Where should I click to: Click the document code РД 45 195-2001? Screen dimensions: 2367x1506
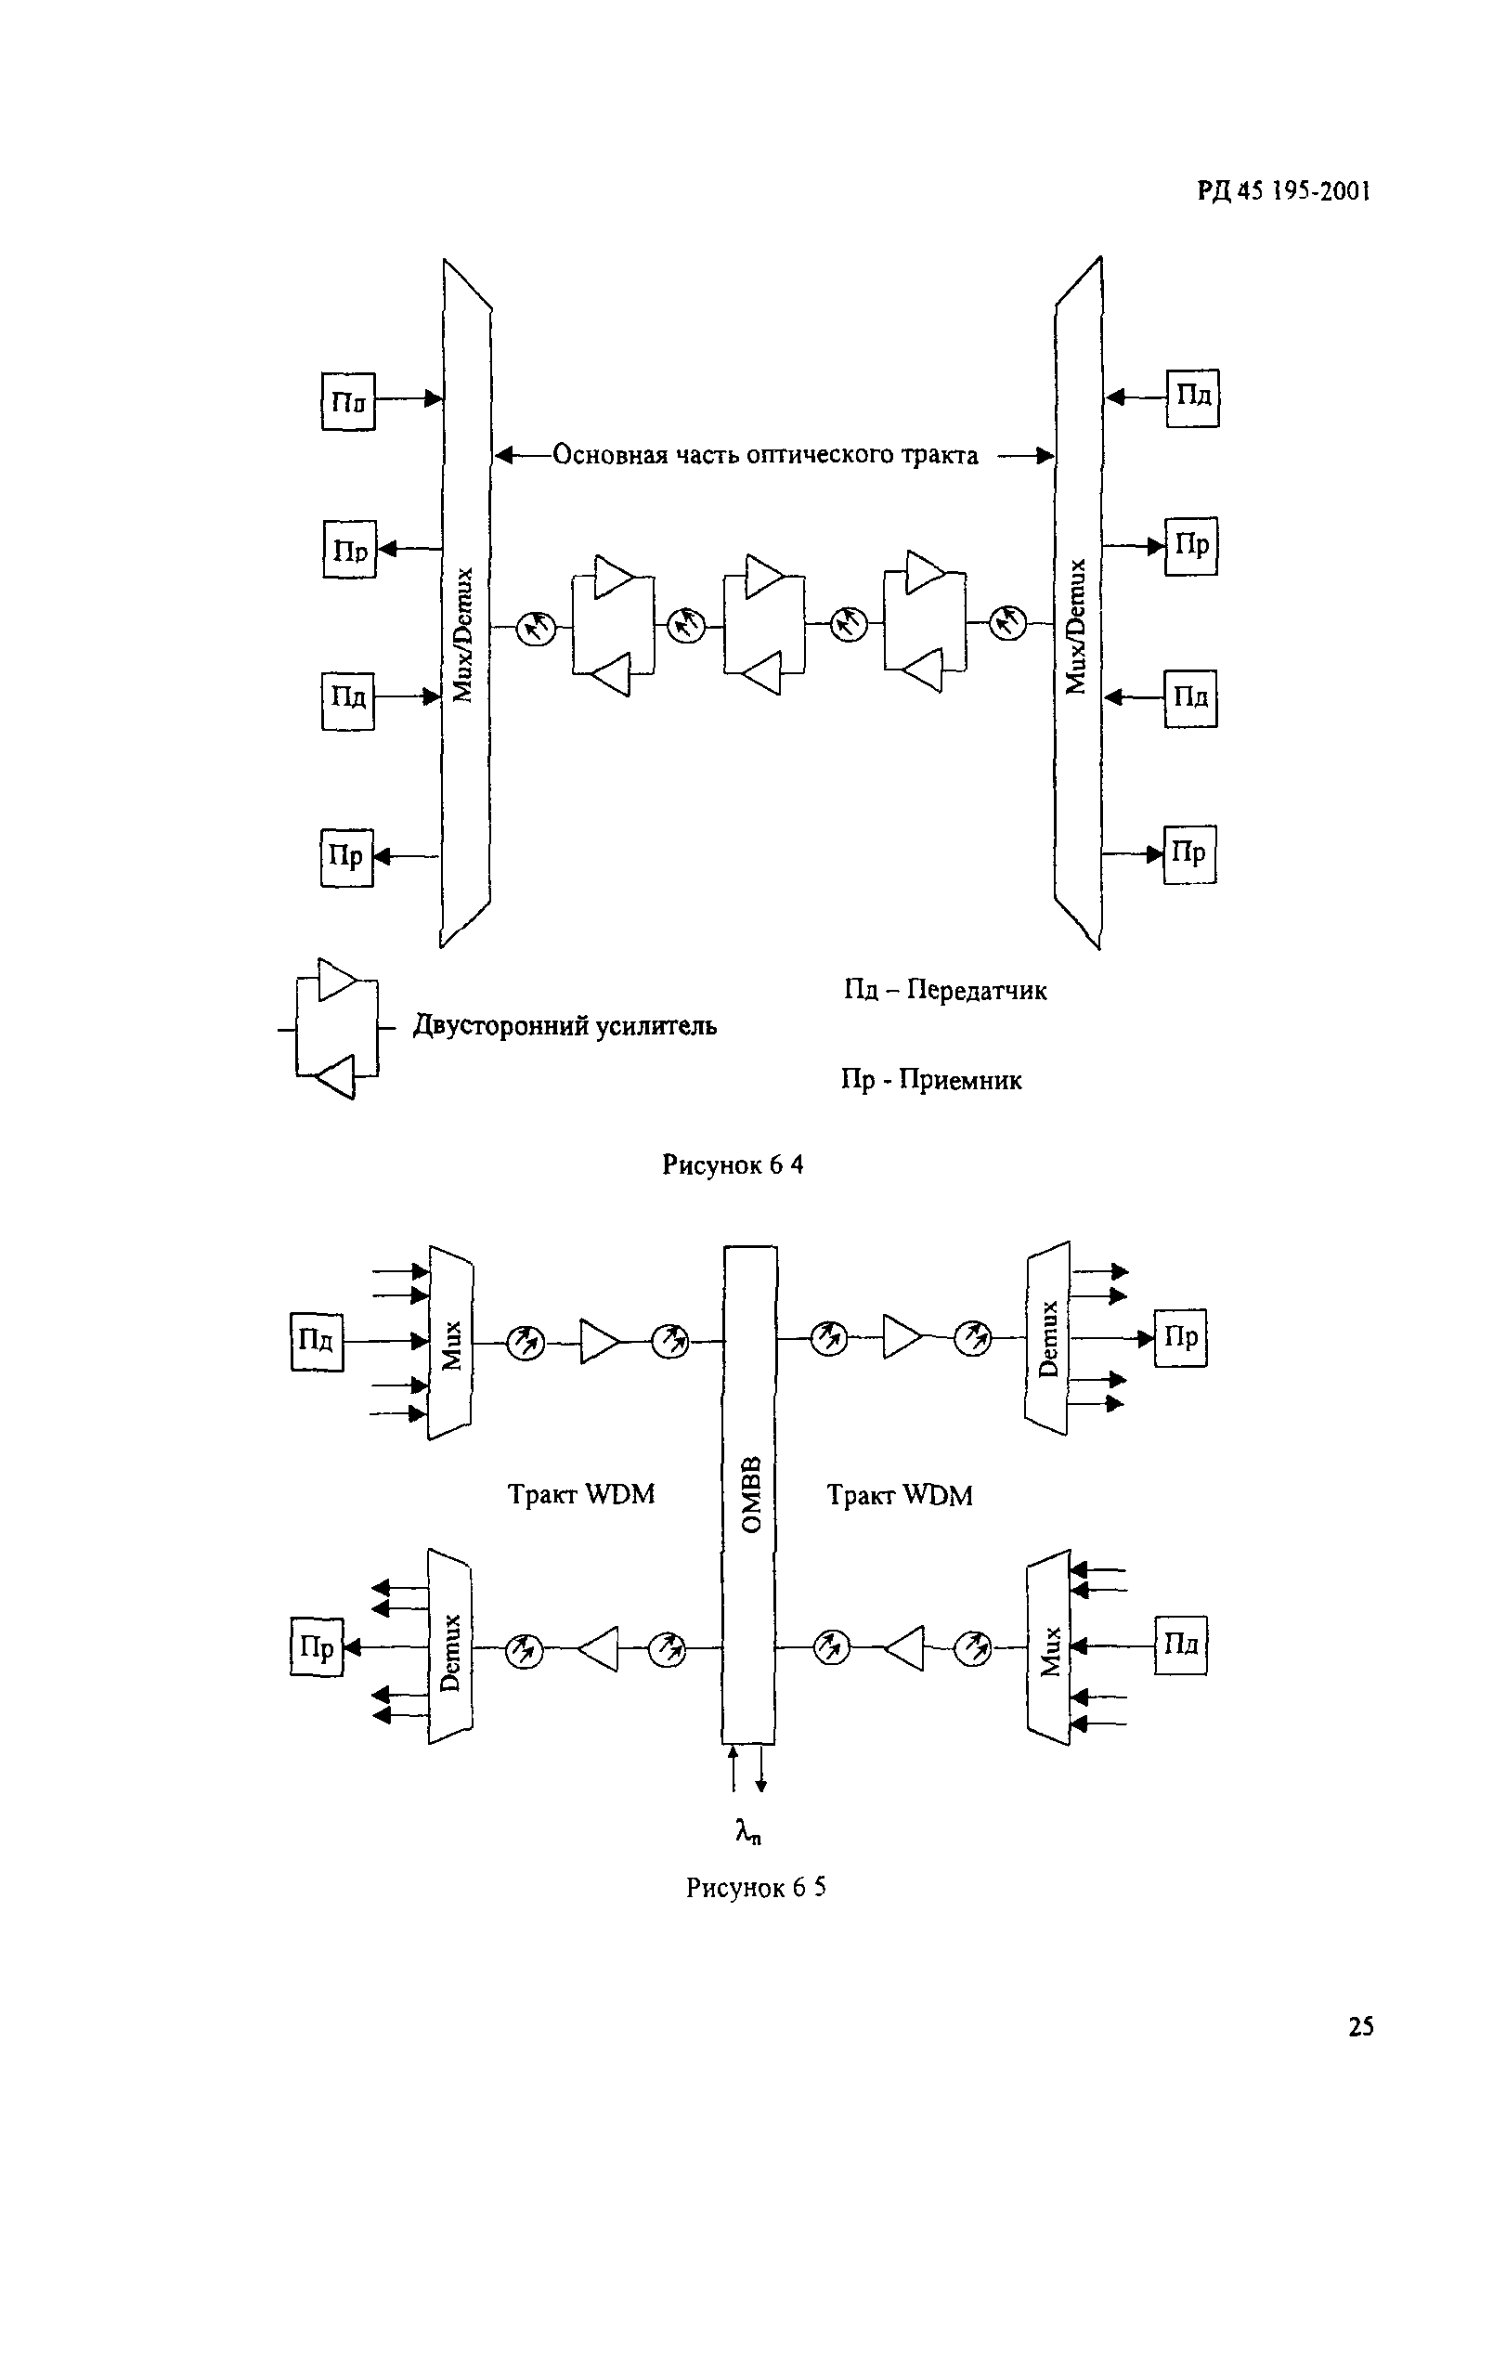pyautogui.click(x=1283, y=190)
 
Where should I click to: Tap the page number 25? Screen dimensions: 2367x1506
pyautogui.click(x=1360, y=2026)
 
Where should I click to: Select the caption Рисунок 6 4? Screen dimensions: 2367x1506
pyautogui.click(x=733, y=1164)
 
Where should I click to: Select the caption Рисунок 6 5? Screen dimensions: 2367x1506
pyautogui.click(x=755, y=1887)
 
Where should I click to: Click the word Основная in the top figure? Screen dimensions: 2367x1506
pyautogui.click(x=609, y=454)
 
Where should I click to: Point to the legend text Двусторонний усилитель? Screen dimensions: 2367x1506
pyautogui.click(x=565, y=1026)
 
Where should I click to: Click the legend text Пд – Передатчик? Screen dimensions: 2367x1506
pyautogui.click(x=944, y=990)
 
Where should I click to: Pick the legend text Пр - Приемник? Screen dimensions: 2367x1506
pyautogui.click(x=931, y=1080)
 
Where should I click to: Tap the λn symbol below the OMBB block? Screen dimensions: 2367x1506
pyautogui.click(x=748, y=1831)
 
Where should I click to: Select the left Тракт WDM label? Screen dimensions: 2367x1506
pyautogui.click(x=581, y=1495)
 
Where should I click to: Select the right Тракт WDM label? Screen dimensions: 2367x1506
pyautogui.click(x=900, y=1496)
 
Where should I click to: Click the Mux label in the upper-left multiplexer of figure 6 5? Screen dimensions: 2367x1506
pyautogui.click(x=451, y=1345)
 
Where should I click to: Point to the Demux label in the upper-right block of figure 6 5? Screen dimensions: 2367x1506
pyautogui.click(x=1049, y=1339)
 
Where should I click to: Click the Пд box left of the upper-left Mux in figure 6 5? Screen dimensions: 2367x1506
pyautogui.click(x=317, y=1341)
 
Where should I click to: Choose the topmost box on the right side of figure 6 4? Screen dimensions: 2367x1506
pyautogui.click(x=1192, y=397)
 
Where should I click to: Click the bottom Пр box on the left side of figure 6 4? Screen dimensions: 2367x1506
pyautogui.click(x=347, y=857)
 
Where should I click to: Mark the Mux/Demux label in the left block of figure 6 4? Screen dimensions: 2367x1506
pyautogui.click(x=465, y=634)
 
